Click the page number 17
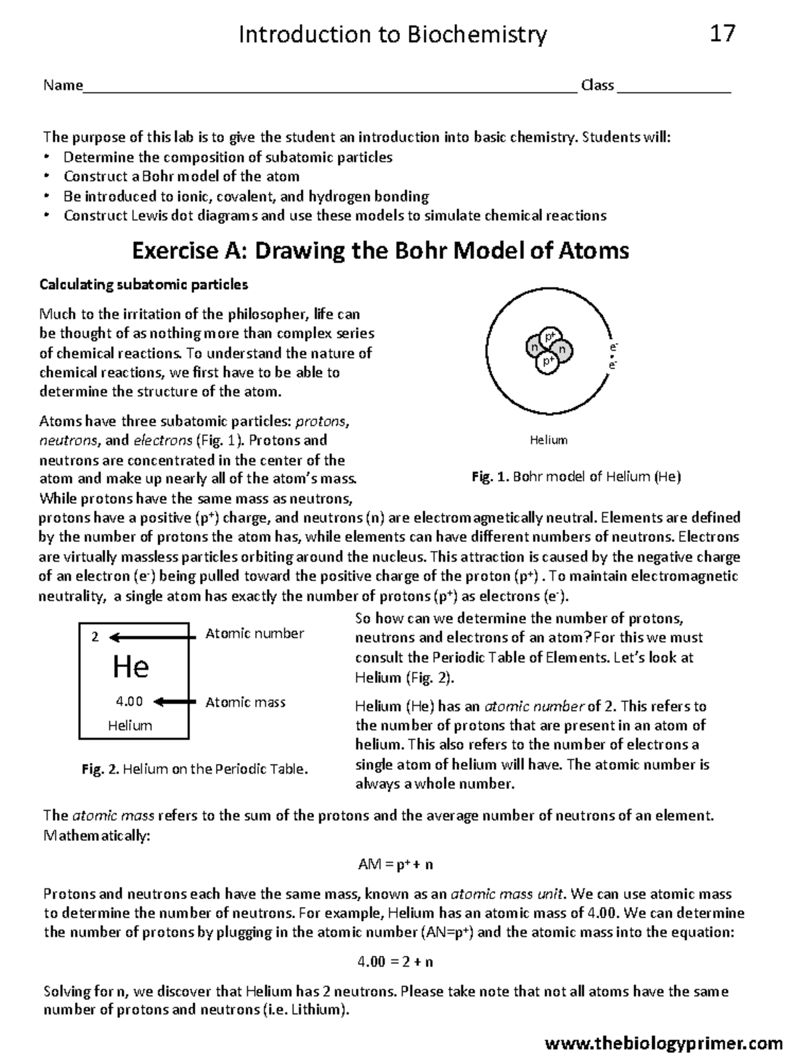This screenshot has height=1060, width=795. coord(722,33)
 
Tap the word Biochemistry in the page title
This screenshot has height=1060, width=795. coord(477,34)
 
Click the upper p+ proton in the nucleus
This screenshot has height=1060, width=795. coord(549,337)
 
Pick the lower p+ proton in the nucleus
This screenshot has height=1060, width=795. coord(547,362)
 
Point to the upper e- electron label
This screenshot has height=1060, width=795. coord(613,347)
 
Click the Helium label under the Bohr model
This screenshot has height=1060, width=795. coord(549,440)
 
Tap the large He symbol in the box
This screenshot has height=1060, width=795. coord(131,666)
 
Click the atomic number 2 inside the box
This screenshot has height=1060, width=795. coord(95,637)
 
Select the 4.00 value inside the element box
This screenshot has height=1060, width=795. coord(129,702)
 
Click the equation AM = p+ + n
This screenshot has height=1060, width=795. coord(396,865)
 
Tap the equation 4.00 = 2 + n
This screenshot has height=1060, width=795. coord(396,961)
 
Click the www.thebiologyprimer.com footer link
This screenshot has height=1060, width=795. coord(663,1044)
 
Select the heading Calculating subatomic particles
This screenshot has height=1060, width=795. coord(144,285)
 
